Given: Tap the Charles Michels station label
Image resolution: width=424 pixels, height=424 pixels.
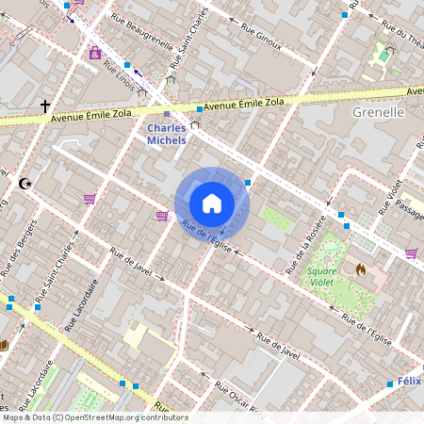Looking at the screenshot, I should (166, 134).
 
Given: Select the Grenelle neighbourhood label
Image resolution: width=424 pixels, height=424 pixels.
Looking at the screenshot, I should (377, 111).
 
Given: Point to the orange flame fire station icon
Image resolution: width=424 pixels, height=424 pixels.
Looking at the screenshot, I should (360, 269).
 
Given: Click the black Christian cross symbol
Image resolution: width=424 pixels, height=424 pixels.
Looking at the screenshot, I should (44, 107).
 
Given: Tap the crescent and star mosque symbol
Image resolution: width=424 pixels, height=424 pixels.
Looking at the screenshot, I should (24, 184).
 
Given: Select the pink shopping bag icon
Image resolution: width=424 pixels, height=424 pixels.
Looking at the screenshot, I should (95, 53).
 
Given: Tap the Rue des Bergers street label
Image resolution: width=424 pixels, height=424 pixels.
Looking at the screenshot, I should (16, 250).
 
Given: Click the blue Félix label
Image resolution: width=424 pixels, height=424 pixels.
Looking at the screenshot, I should (408, 383).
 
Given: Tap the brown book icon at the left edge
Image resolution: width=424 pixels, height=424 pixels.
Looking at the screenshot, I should (4, 346).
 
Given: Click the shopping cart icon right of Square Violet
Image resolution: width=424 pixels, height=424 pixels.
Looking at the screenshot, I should (411, 253).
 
